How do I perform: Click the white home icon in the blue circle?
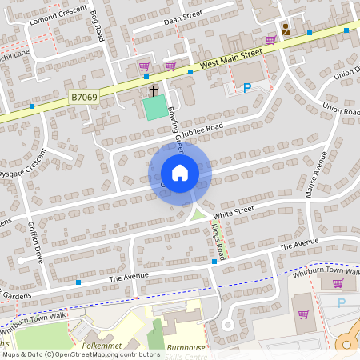point(179,172)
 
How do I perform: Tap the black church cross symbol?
point(153,90)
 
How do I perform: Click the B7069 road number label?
point(83,96)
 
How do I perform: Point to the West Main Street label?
point(231,56)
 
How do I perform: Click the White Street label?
point(234,211)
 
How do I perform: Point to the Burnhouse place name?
point(186,347)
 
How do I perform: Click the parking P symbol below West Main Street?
point(247,88)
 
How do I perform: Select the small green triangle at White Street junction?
point(197,214)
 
